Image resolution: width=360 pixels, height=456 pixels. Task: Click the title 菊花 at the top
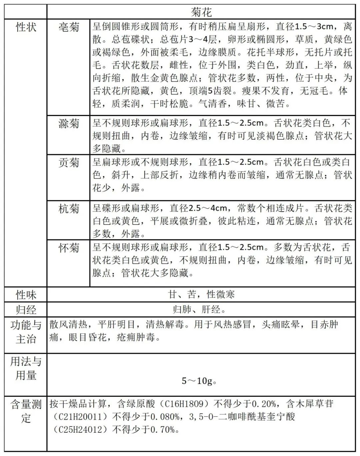pyautogui.click(x=201, y=12)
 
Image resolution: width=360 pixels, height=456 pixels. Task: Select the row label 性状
pyautogui.click(x=26, y=27)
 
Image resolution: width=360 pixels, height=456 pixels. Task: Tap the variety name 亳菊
pyautogui.click(x=69, y=27)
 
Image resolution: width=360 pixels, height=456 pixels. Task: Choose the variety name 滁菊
pyautogui.click(x=69, y=124)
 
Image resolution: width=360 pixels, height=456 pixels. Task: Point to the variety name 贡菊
pyautogui.click(x=69, y=163)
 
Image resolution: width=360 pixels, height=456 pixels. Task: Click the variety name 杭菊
pyautogui.click(x=69, y=209)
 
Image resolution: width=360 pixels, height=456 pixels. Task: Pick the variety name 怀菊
pyautogui.click(x=69, y=248)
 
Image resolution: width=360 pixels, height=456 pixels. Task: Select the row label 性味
pyautogui.click(x=26, y=295)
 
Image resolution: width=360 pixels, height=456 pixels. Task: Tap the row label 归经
pyautogui.click(x=26, y=310)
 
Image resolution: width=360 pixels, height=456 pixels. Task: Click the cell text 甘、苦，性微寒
pyautogui.click(x=201, y=294)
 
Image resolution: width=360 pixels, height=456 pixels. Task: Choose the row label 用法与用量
pyautogui.click(x=26, y=368)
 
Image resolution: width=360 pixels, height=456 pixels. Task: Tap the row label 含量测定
pyautogui.click(x=26, y=411)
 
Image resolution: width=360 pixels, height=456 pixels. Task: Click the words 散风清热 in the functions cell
pyautogui.click(x=68, y=324)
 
